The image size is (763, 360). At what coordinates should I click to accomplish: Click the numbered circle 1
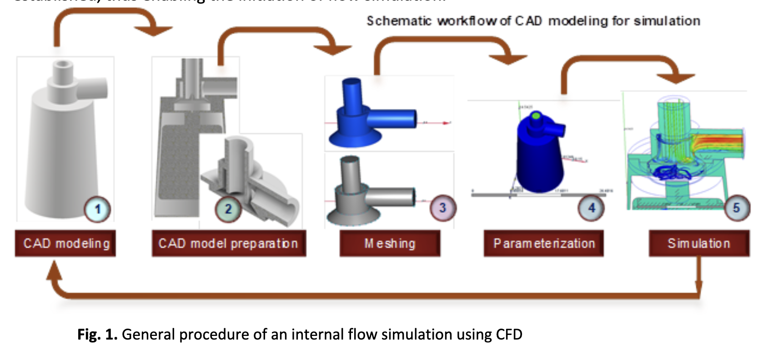click(x=97, y=209)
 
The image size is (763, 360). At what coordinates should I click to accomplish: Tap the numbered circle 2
click(x=228, y=209)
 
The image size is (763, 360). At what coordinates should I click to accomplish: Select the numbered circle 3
click(x=443, y=208)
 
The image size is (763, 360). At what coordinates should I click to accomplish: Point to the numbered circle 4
click(x=591, y=208)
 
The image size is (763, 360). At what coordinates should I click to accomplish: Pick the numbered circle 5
click(x=736, y=208)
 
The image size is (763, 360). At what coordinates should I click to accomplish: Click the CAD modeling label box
click(x=65, y=244)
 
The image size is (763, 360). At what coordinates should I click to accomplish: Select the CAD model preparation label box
click(x=229, y=244)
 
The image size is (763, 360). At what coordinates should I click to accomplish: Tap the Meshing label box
click(x=390, y=244)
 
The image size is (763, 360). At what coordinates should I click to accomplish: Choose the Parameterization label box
click(x=544, y=244)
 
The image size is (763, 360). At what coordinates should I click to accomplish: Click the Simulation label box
click(x=699, y=244)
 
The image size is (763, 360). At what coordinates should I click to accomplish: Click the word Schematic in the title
click(x=399, y=21)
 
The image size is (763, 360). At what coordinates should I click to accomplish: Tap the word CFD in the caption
click(x=509, y=335)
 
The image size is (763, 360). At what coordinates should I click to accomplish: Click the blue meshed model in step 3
click(x=368, y=118)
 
